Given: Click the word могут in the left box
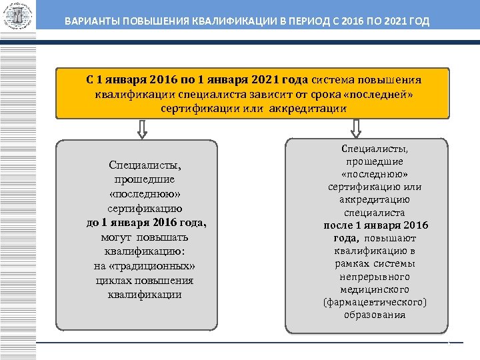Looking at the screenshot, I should coord(117,237).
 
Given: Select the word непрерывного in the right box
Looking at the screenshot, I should coord(374,276).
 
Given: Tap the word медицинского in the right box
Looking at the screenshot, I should coord(374,289).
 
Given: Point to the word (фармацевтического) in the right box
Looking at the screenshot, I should coord(374,302).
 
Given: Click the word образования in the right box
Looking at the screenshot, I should coord(374,315).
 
